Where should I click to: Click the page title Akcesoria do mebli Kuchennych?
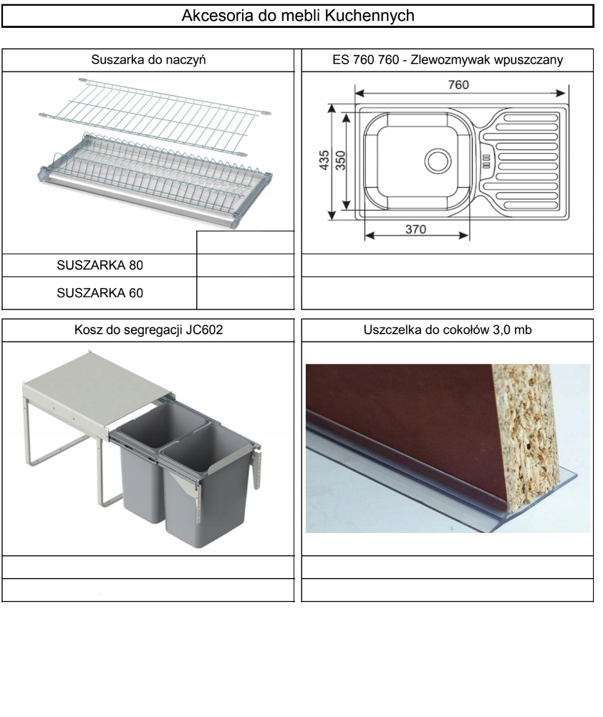click(298, 16)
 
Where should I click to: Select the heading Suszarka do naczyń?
click(148, 60)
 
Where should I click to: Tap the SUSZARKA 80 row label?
click(100, 265)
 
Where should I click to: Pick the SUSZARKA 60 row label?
click(100, 293)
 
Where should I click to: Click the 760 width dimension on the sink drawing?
click(458, 85)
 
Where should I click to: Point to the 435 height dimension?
click(324, 160)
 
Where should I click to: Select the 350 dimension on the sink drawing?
click(341, 160)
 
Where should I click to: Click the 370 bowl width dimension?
click(415, 229)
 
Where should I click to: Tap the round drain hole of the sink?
click(438, 161)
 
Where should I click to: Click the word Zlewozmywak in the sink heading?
click(447, 60)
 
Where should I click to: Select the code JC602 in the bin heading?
click(204, 329)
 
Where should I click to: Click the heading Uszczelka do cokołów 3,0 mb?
click(448, 329)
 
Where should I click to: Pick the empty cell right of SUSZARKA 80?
click(246, 265)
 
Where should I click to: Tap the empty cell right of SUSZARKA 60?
click(246, 293)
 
